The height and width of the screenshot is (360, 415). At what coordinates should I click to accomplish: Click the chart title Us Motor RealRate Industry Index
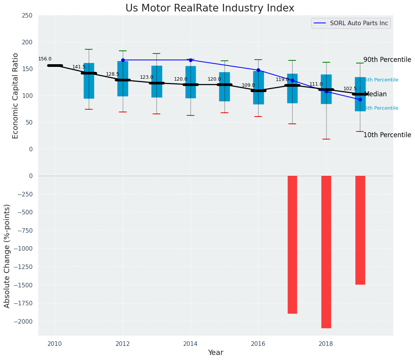click(x=210, y=8)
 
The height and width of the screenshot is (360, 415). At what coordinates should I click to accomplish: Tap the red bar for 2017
click(x=292, y=245)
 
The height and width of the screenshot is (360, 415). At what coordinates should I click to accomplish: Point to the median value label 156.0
click(x=45, y=59)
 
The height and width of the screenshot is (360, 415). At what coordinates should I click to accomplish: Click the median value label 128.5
click(x=112, y=74)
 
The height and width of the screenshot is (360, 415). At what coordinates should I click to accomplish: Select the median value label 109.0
click(x=248, y=85)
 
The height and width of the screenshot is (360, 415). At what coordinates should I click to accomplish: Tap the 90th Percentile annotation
click(x=387, y=60)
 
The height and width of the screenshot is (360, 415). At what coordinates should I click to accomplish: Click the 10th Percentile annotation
click(x=387, y=135)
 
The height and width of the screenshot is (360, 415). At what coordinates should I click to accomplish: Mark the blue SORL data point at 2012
click(x=123, y=60)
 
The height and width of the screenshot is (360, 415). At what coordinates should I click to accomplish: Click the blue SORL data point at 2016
click(x=258, y=70)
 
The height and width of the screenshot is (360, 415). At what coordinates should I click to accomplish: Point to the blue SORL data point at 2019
click(x=360, y=99)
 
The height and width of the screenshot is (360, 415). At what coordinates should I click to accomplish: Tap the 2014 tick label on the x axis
click(x=190, y=344)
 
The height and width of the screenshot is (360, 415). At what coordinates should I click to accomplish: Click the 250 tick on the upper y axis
click(x=28, y=16)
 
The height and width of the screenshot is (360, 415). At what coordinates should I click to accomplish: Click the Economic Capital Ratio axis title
click(x=16, y=96)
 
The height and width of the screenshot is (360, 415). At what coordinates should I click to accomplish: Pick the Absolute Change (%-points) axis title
click(x=7, y=256)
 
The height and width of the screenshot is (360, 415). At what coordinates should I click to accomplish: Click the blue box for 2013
click(x=156, y=81)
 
